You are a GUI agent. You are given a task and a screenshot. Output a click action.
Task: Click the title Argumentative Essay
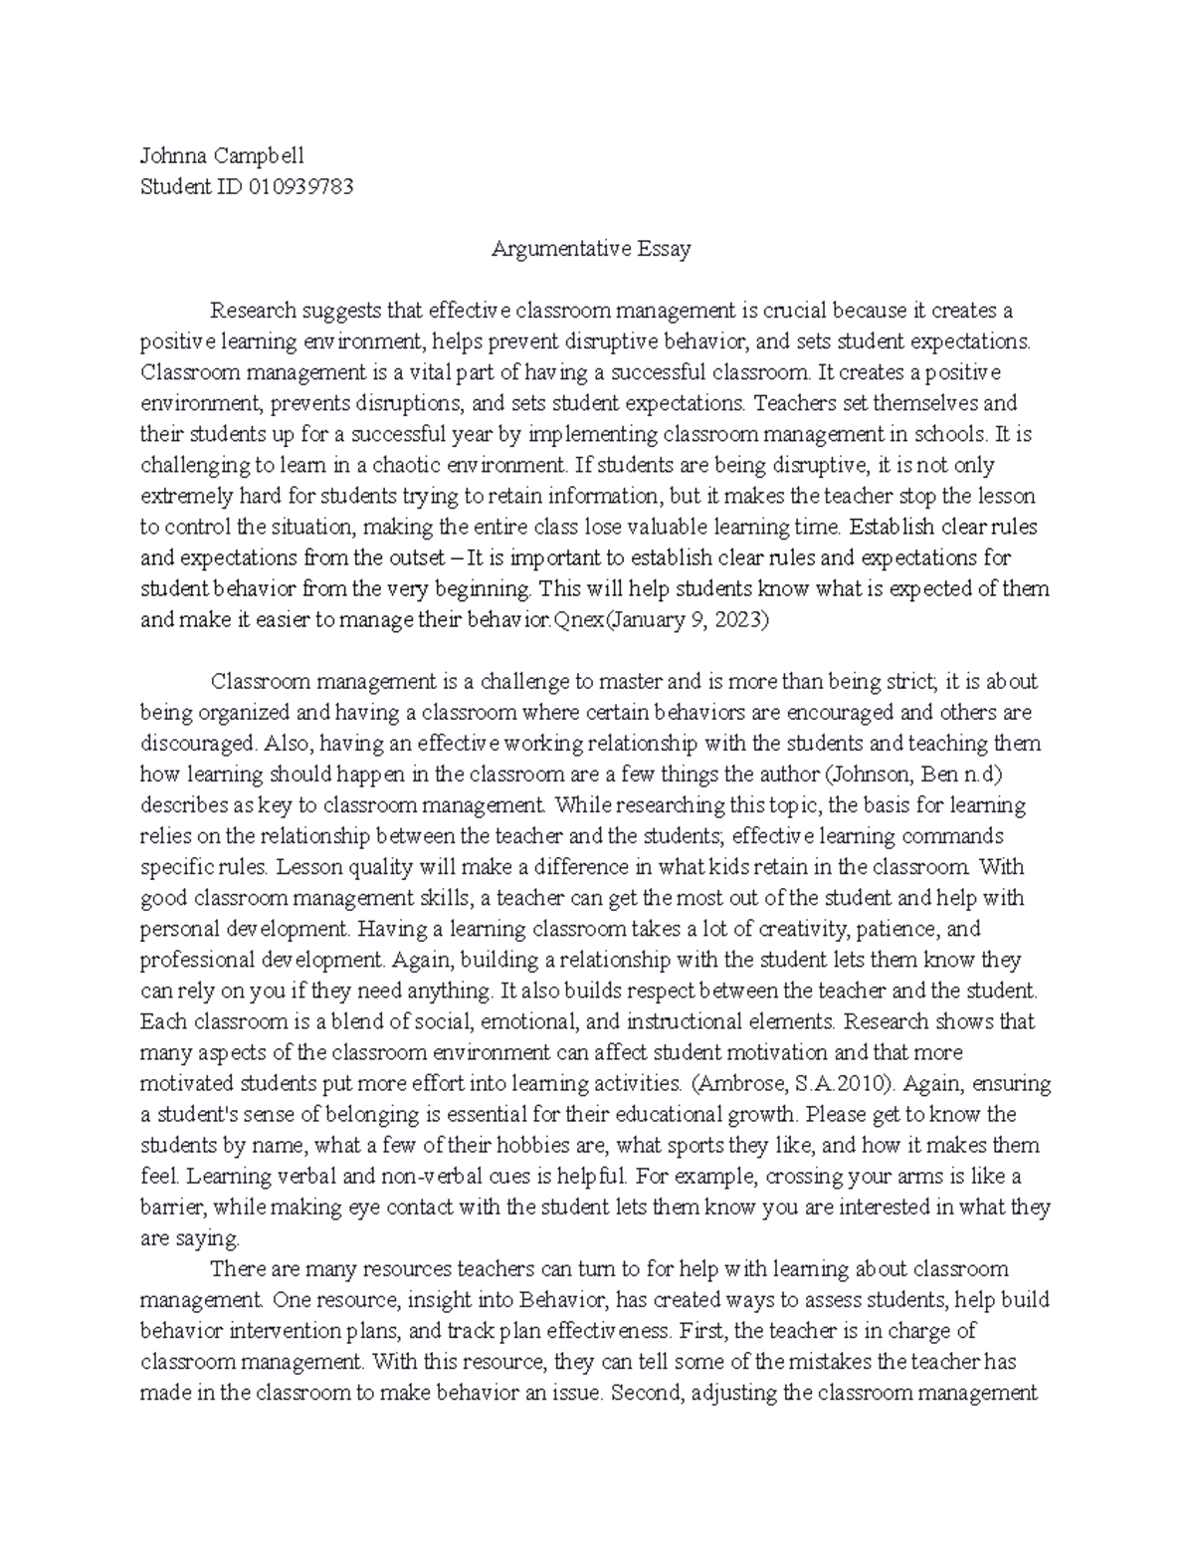[591, 249]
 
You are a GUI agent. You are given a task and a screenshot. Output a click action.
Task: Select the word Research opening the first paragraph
[252, 311]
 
